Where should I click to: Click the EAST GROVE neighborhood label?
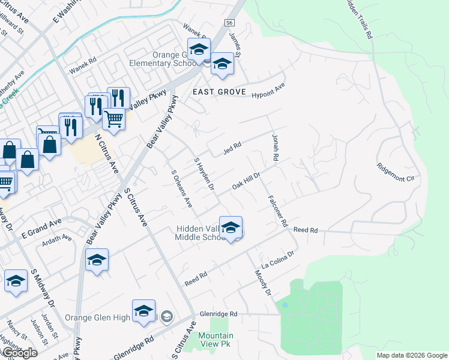point(219,92)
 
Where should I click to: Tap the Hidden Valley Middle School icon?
point(231,228)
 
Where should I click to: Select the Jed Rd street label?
point(232,148)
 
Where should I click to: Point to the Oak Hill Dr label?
point(246,182)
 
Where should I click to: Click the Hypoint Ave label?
point(268,90)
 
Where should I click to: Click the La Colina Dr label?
point(277,260)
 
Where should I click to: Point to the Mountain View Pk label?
point(216,340)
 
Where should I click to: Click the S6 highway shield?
point(229,23)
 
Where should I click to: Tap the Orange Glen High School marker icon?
point(144,311)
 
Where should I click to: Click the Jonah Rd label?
point(276,148)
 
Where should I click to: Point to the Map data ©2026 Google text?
point(412,355)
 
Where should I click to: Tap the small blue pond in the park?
point(285,305)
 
